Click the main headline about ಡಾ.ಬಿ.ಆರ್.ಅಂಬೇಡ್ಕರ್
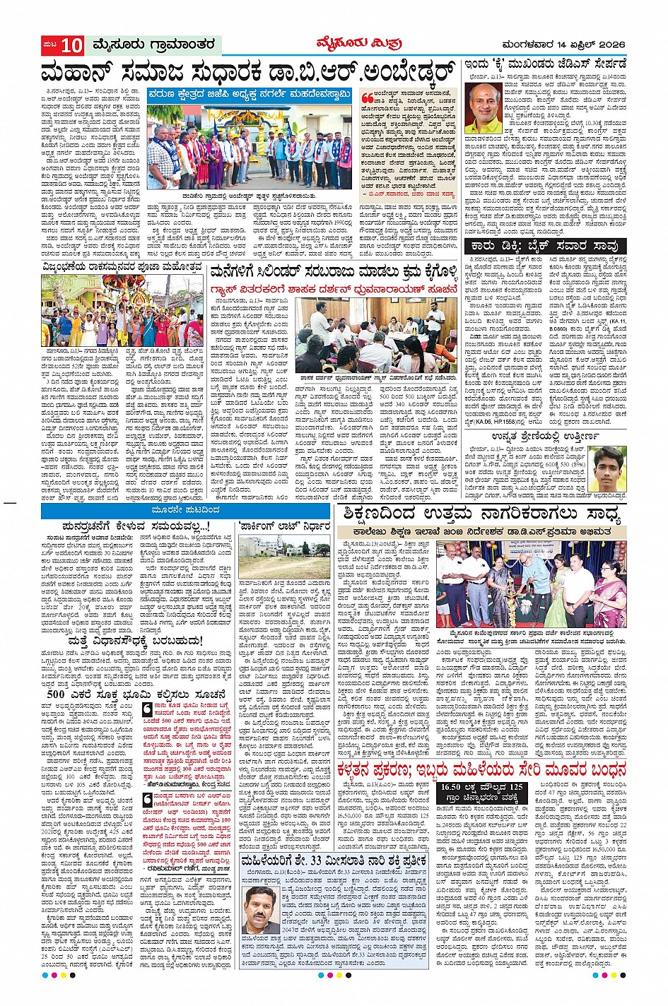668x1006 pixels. pyautogui.click(x=247, y=72)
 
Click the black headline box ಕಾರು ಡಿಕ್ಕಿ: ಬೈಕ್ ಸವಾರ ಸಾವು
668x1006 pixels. pyautogui.click(x=545, y=246)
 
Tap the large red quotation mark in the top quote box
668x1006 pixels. pyautogui.click(x=367, y=97)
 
